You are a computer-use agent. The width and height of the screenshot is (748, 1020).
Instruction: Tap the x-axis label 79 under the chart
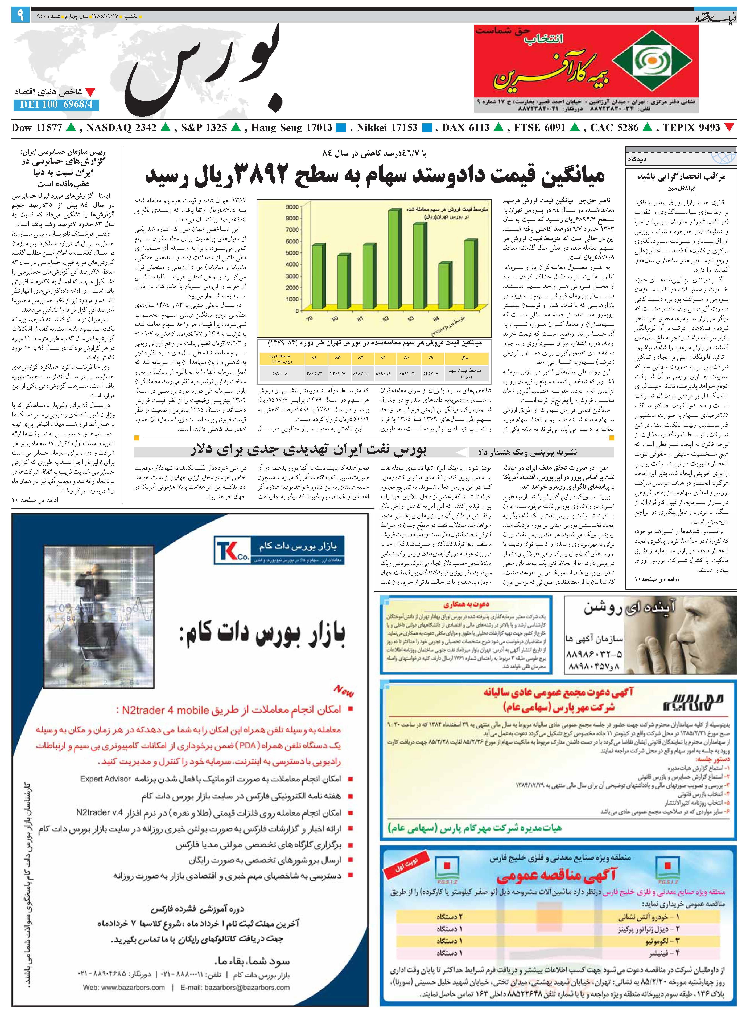pos(309,319)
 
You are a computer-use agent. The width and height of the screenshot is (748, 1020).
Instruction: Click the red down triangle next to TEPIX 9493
pos(729,128)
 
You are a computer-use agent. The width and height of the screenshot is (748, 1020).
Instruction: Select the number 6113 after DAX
pos(479,128)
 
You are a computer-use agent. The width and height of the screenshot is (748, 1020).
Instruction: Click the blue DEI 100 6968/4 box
pos(56,104)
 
